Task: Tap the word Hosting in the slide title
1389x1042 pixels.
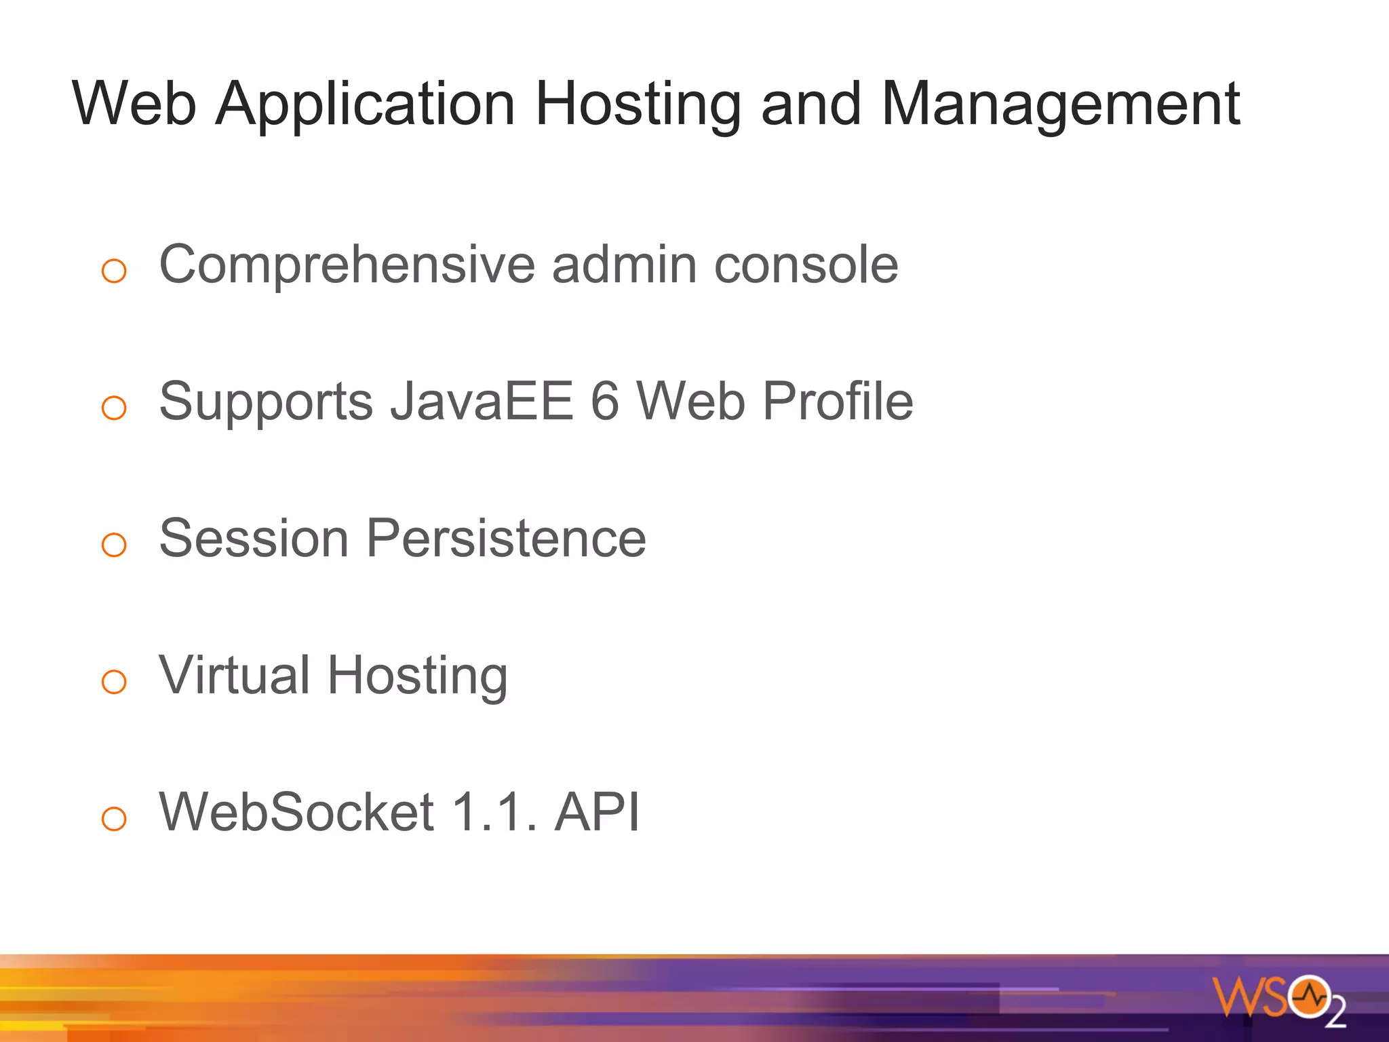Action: point(638,105)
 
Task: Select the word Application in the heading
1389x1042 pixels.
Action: point(366,105)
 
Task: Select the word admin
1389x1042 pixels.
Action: point(624,265)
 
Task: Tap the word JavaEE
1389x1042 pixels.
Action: point(482,401)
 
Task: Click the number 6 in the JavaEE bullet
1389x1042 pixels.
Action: point(605,401)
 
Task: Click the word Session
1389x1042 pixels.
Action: point(254,539)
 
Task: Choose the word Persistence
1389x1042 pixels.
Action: point(507,539)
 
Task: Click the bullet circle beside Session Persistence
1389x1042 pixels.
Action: point(114,545)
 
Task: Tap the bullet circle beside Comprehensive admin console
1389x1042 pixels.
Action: point(114,271)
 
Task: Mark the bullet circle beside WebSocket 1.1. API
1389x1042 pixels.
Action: point(114,818)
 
